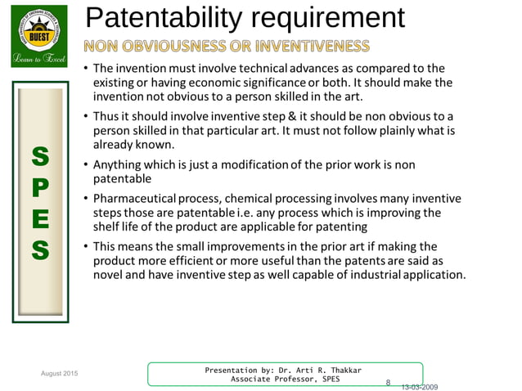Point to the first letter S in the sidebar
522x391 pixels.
(39, 155)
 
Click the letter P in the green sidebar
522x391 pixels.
(39, 187)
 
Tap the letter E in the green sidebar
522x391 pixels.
(39, 219)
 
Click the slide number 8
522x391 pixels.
(388, 382)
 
